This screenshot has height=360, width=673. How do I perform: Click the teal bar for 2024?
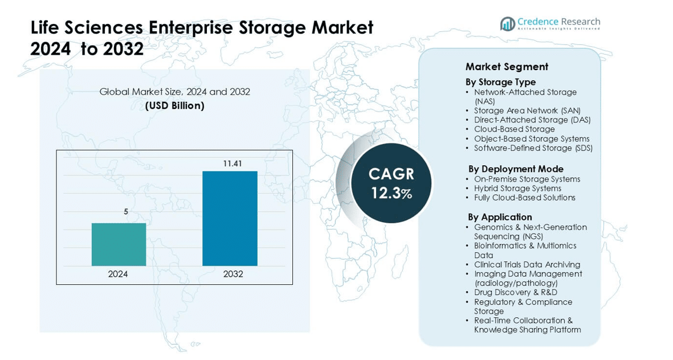pos(119,244)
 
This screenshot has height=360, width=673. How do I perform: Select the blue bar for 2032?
pos(230,218)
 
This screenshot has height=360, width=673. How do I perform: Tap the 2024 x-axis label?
pos(119,274)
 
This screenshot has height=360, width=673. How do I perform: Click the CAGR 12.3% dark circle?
pos(391,182)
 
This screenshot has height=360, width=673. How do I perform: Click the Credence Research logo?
pos(550,23)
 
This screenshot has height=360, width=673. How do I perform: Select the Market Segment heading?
pos(507,67)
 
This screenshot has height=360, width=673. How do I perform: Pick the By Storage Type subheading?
pos(500,82)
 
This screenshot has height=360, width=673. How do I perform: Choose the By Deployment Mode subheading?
pos(516,169)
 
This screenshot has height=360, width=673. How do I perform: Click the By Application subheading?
pos(500,217)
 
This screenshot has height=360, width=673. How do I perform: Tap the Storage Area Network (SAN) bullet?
pos(527,111)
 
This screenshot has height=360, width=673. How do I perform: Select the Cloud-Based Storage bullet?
pos(514,129)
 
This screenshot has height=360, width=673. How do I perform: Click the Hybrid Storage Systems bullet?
pos(517,188)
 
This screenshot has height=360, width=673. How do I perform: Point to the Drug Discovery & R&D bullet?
pos(515,292)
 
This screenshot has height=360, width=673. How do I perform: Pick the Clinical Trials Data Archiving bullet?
pos(527,264)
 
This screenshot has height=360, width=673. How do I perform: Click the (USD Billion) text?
pos(174,105)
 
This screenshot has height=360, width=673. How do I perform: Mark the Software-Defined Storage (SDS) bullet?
pos(533,148)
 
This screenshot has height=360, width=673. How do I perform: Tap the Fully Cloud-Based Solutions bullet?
pos(524,198)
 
